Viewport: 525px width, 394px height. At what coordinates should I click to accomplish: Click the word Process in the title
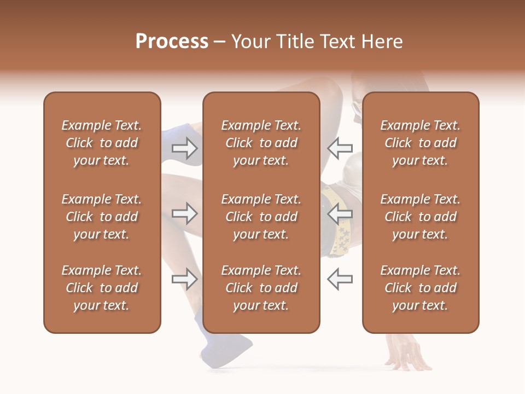click(172, 42)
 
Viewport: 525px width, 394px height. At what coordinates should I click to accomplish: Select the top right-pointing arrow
click(185, 147)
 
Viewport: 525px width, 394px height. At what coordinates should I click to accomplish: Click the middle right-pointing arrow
click(185, 213)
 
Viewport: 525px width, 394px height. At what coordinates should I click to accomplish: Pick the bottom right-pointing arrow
click(185, 279)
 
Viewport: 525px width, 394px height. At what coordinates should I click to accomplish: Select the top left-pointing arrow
click(340, 147)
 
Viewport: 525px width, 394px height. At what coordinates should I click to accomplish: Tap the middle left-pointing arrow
click(340, 213)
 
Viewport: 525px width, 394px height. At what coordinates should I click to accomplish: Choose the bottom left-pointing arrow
click(340, 279)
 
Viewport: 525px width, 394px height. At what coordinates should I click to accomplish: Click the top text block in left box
click(102, 143)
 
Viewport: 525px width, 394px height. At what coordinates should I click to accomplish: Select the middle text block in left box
click(102, 217)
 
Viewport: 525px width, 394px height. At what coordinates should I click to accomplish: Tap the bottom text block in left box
click(102, 288)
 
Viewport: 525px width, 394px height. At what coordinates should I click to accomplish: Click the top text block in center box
click(261, 143)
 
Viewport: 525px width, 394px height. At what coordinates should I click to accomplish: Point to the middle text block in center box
click(261, 217)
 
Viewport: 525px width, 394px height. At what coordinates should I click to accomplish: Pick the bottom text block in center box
click(261, 288)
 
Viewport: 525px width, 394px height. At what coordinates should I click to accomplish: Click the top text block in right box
click(420, 143)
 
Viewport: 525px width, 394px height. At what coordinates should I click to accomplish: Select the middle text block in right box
click(420, 217)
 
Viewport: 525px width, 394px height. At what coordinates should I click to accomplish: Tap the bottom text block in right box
click(420, 288)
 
